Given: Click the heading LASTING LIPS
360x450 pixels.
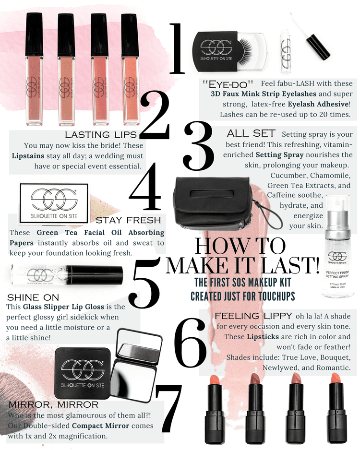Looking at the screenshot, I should click(101, 135).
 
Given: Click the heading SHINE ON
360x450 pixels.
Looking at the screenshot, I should click(33, 297).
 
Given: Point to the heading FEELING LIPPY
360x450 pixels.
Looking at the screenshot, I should click(253, 316).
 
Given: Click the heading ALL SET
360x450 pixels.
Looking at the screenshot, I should click(251, 133).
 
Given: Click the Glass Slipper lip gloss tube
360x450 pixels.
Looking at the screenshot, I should click(67, 275).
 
